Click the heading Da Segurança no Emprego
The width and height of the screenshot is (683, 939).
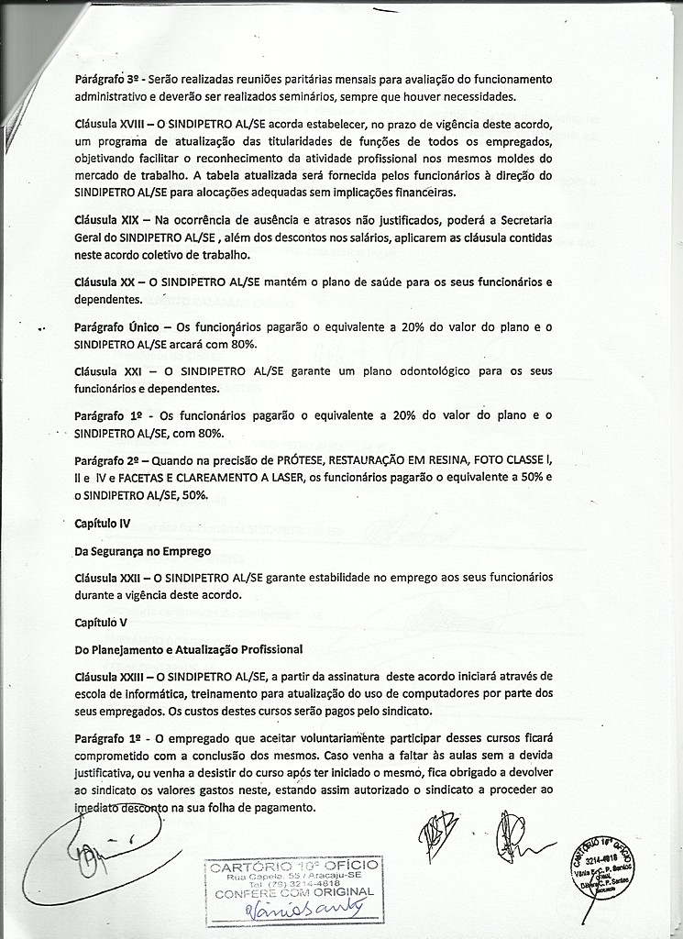click(x=143, y=551)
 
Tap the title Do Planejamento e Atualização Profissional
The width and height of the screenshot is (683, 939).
click(x=189, y=649)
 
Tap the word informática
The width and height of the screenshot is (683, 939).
click(x=150, y=692)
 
